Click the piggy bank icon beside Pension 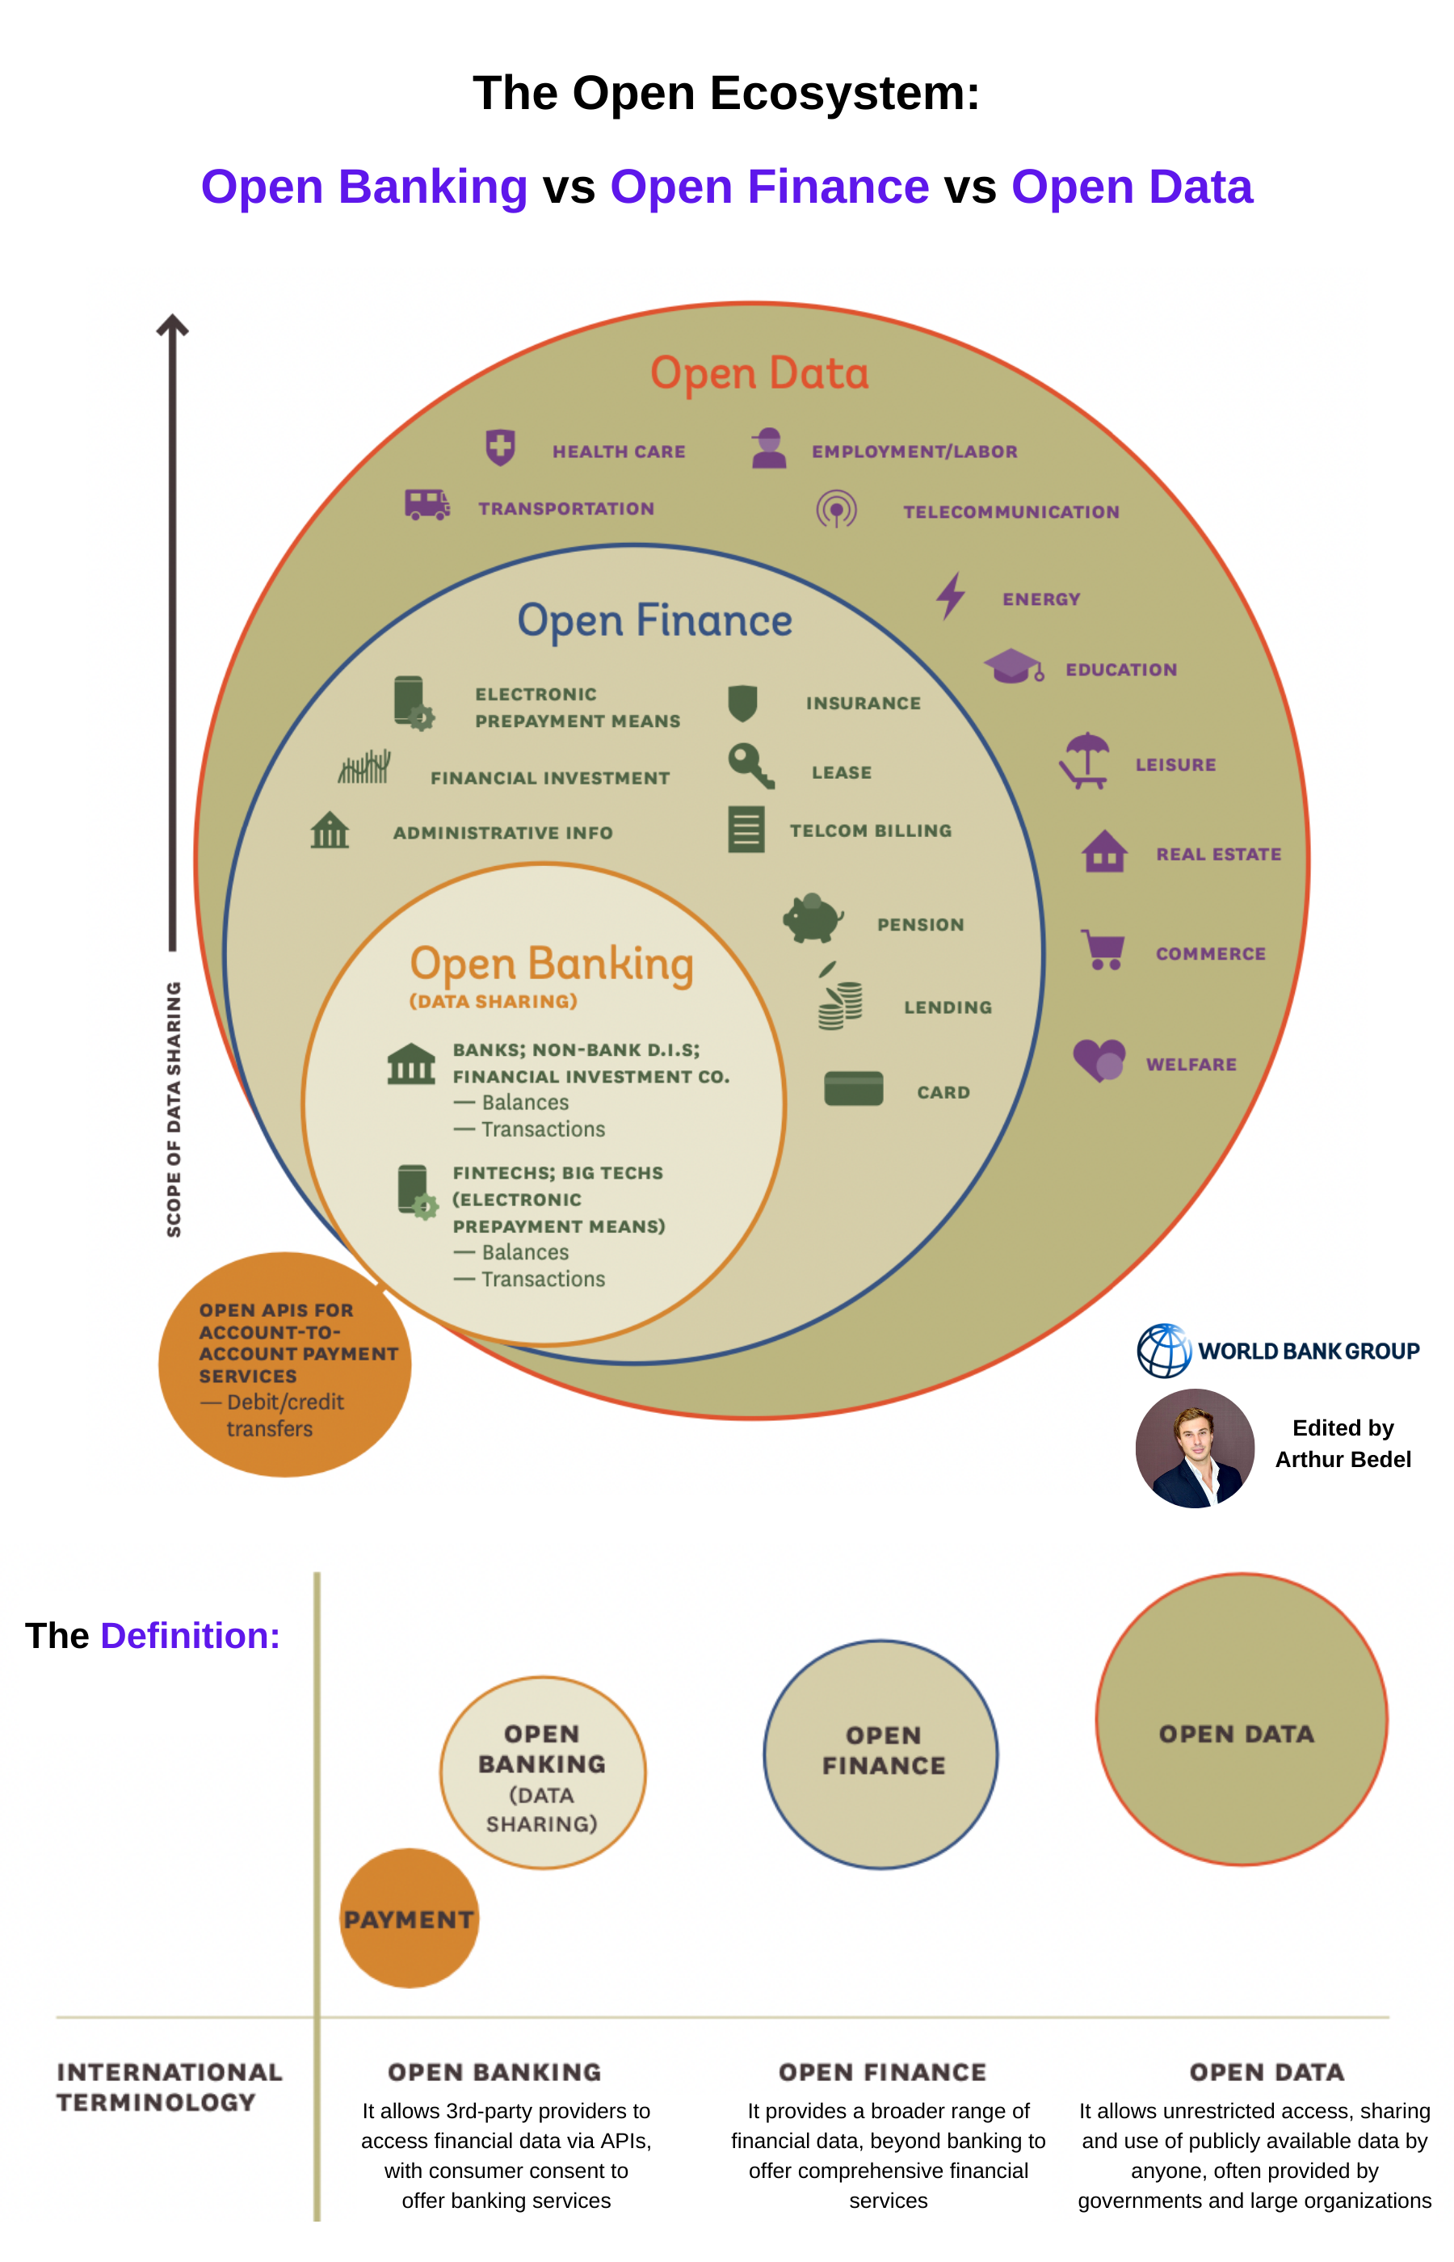coord(812,918)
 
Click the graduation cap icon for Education coord(1013,666)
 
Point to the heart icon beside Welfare coord(1099,1059)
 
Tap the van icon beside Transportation coord(427,504)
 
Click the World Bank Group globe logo coord(1163,1350)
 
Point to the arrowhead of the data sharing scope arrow coord(173,326)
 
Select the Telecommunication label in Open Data coord(1011,511)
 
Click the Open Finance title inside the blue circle coord(654,620)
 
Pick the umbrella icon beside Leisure coord(1085,760)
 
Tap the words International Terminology coord(169,2087)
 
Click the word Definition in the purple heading coord(190,1635)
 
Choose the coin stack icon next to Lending coord(839,1003)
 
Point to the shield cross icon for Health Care coord(499,447)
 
